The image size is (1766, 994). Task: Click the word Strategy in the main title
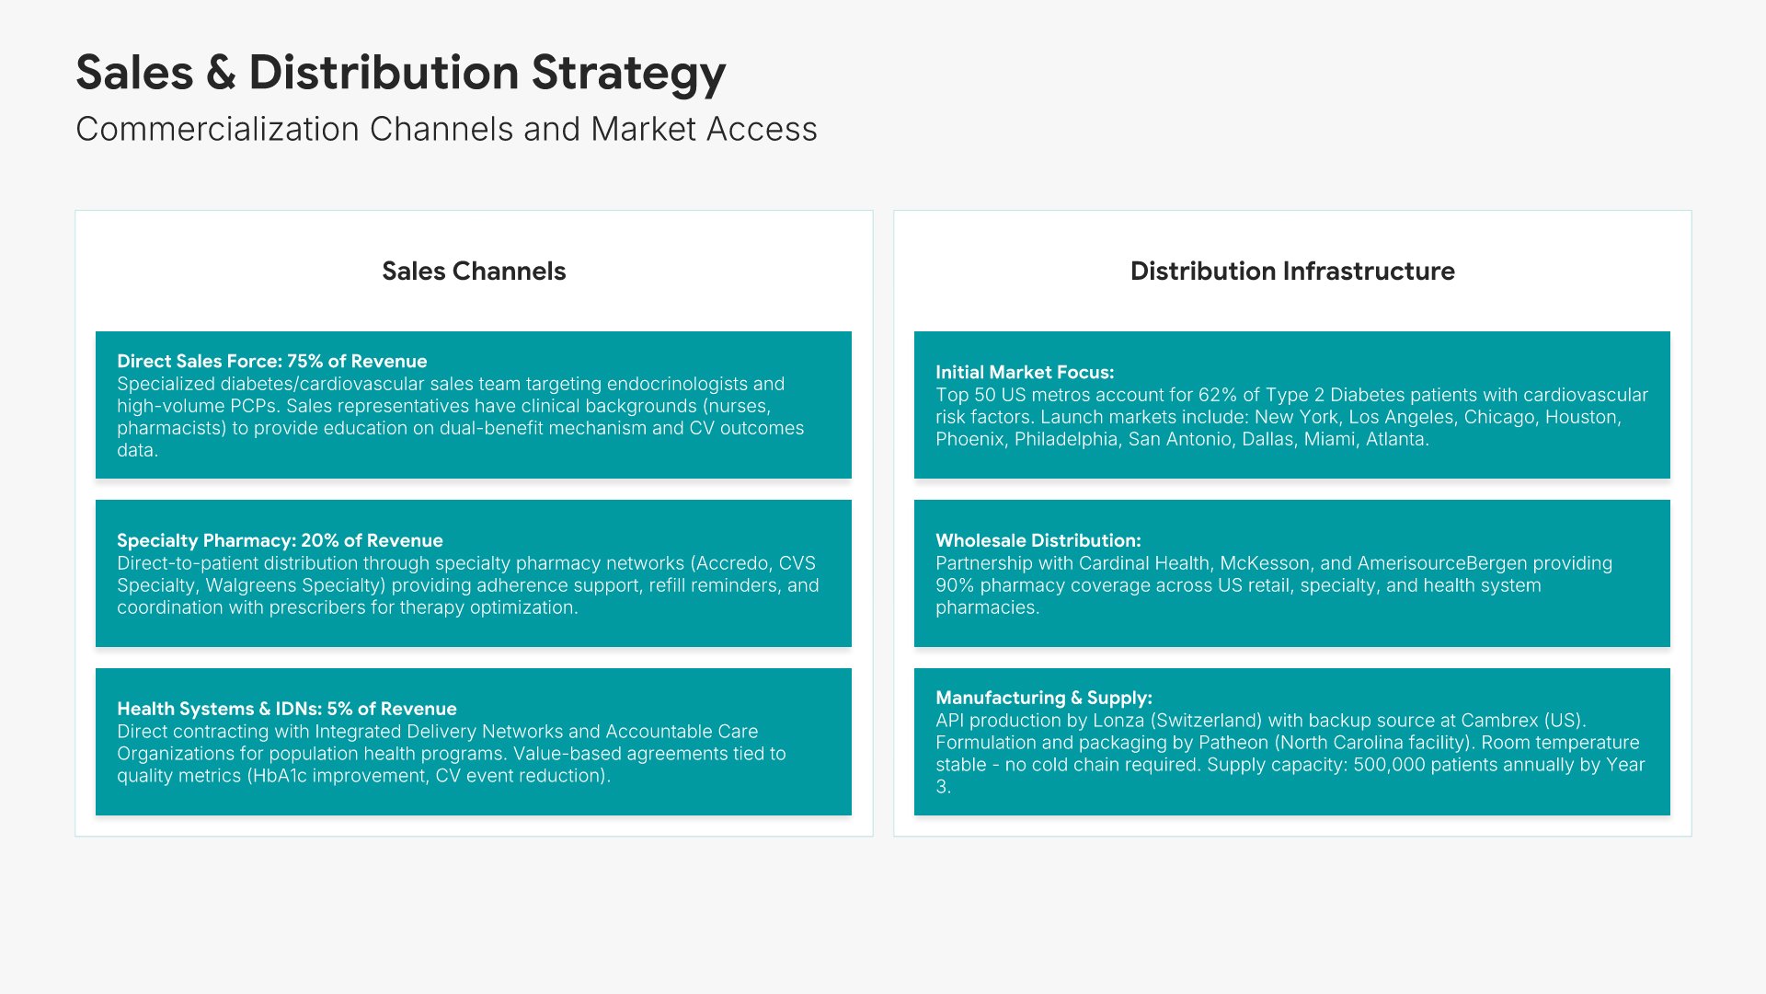click(629, 74)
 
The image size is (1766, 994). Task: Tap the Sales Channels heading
click(474, 271)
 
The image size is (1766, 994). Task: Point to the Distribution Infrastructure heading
click(1292, 271)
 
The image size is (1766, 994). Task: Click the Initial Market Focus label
click(1025, 372)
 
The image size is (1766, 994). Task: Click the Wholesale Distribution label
click(1038, 540)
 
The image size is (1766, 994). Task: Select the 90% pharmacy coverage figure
click(955, 585)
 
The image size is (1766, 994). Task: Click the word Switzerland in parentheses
click(1206, 720)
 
